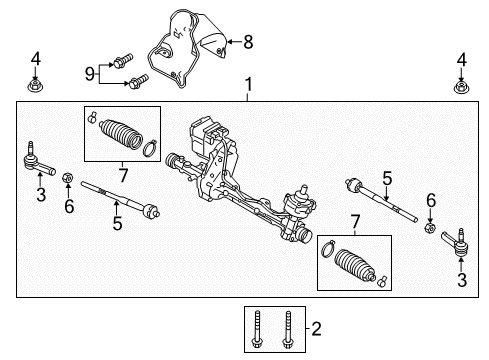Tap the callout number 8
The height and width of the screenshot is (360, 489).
(x=248, y=41)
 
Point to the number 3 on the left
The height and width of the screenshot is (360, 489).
(x=40, y=195)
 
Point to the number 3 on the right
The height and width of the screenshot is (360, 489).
(x=460, y=281)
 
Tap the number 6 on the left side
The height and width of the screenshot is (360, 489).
(x=68, y=206)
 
